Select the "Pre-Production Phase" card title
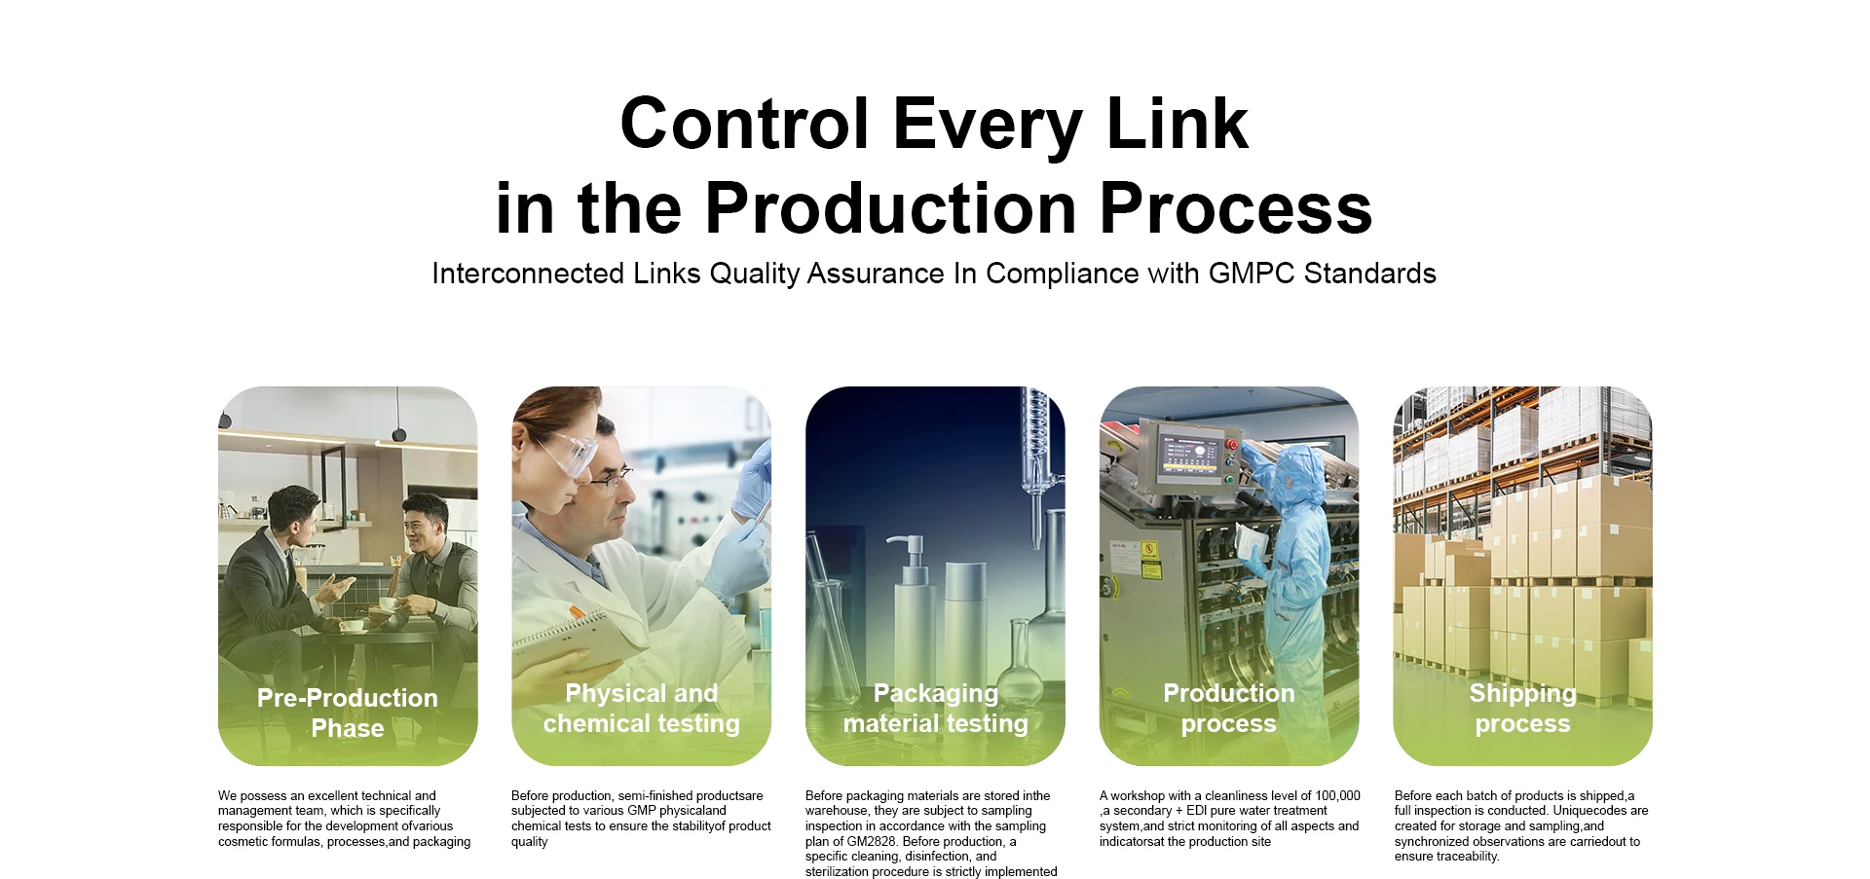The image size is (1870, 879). [x=348, y=713]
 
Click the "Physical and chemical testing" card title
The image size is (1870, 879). [x=642, y=708]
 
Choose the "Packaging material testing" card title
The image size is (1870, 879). [x=936, y=708]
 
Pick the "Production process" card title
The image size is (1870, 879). [x=1229, y=708]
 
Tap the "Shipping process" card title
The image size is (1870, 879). [x=1523, y=708]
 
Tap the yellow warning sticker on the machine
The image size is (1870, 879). [x=1150, y=559]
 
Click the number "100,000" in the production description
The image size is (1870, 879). [x=1337, y=795]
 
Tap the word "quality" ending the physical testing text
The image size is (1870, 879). [x=530, y=842]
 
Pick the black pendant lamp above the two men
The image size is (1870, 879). [x=398, y=433]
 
